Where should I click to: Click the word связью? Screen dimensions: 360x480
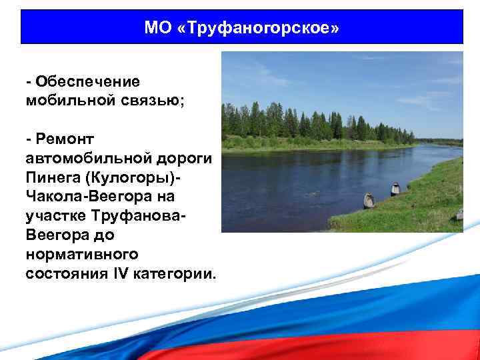[x=149, y=100]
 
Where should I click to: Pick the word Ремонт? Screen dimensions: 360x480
[x=67, y=139]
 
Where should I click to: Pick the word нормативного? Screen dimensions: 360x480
[x=82, y=255]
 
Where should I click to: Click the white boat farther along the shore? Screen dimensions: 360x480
[x=395, y=188]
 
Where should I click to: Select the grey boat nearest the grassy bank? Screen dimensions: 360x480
[x=368, y=199]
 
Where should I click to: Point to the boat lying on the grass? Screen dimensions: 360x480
[x=459, y=214]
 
